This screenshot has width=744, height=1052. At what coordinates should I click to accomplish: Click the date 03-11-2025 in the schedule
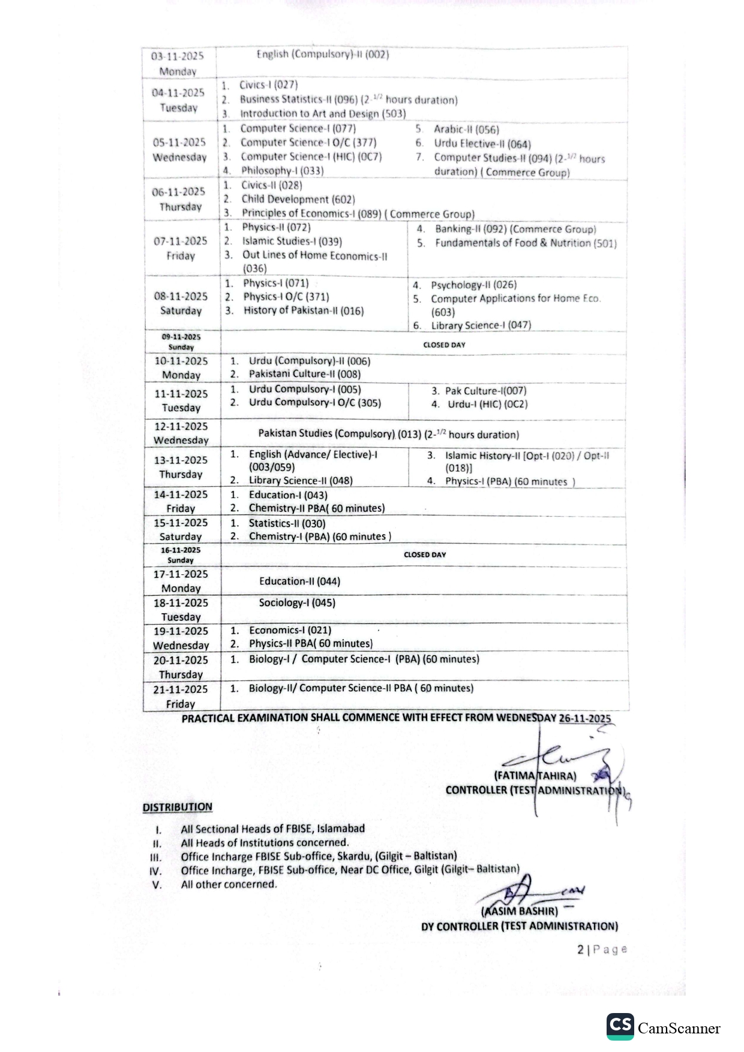[x=177, y=56]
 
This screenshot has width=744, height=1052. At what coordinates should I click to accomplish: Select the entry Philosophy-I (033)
[x=282, y=170]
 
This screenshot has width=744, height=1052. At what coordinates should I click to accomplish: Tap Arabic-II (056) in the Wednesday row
[x=466, y=129]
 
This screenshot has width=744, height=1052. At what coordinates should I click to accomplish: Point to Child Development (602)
[x=298, y=199]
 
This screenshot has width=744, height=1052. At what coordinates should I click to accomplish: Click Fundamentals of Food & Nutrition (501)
[x=526, y=243]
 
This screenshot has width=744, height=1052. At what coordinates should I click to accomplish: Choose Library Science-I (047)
[x=481, y=325]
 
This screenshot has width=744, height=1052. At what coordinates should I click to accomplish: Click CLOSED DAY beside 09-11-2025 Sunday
[x=444, y=345]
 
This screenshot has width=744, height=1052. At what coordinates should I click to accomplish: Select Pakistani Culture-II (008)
[x=305, y=374]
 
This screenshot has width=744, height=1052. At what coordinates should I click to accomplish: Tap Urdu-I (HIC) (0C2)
[x=487, y=404]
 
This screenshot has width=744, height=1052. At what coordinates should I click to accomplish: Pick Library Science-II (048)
[x=301, y=480]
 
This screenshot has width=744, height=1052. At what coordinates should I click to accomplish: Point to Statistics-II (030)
[x=287, y=523]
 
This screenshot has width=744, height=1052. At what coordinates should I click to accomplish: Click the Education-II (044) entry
[x=299, y=581]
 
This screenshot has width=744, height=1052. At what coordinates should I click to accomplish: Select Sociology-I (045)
[x=297, y=602]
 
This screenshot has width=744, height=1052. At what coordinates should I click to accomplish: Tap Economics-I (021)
[x=290, y=630]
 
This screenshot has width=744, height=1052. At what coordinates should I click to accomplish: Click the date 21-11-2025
[x=181, y=689]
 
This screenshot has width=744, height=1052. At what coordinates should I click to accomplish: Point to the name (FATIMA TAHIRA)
[x=535, y=776]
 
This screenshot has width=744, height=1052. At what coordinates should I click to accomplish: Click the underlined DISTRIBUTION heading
[x=178, y=807]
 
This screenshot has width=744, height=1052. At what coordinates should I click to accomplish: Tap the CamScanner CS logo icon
[x=620, y=1026]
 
